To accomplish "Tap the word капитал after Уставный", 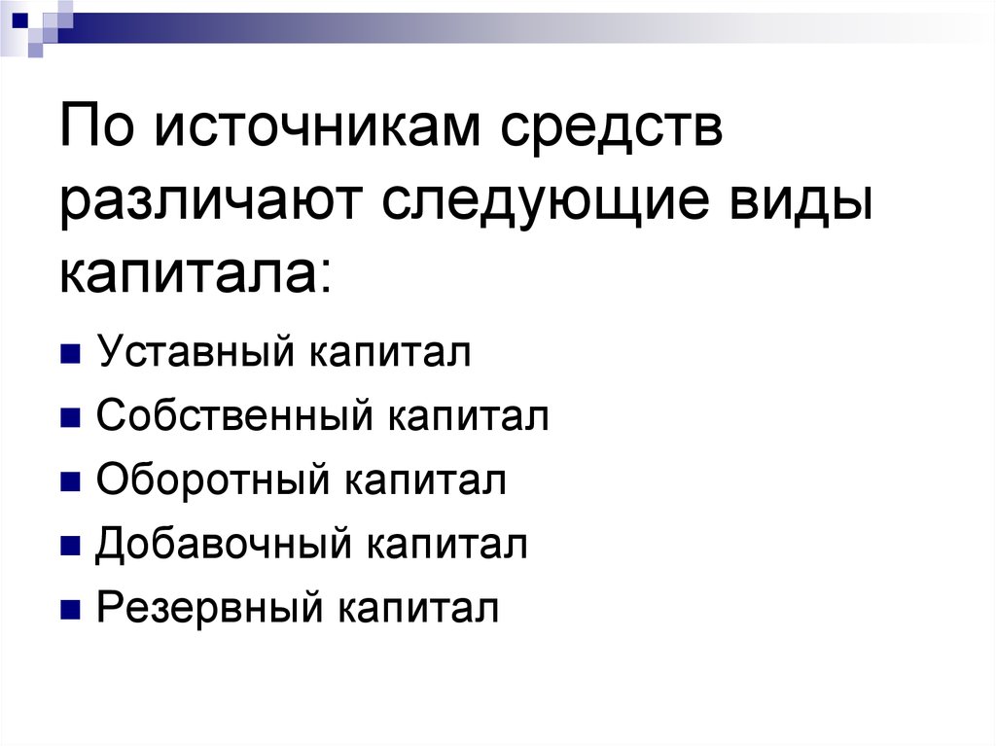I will click(391, 353).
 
